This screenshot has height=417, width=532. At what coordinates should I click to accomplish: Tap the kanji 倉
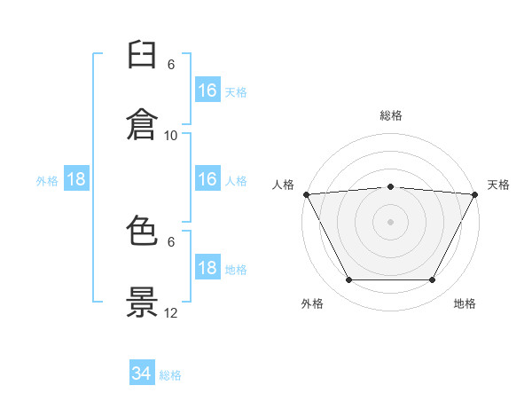142,123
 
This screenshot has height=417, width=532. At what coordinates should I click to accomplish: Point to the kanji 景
142,303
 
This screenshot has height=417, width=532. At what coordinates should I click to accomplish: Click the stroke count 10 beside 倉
171,135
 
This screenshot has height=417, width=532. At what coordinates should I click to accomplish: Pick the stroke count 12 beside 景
171,312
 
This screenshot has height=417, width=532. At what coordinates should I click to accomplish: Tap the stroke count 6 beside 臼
171,65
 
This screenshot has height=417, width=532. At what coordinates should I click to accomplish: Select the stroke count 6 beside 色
171,241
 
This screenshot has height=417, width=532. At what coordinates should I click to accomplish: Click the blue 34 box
142,374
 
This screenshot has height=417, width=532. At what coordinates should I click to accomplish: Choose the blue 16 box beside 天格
207,90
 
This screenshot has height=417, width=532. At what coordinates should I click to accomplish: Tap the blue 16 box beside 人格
207,179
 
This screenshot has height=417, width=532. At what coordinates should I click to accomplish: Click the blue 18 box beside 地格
207,268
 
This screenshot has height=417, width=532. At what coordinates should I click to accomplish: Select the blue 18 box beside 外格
76,179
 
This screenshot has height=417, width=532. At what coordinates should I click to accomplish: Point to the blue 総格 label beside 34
170,375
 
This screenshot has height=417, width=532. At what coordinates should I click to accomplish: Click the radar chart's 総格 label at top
390,115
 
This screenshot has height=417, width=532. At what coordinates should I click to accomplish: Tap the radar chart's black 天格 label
498,185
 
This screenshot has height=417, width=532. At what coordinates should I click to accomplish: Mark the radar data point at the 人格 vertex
306,194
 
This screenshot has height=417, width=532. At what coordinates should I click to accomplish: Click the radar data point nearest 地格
433,280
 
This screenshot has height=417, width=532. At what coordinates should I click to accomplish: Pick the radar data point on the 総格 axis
390,186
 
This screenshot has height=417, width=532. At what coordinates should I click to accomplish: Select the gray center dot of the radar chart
390,222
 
